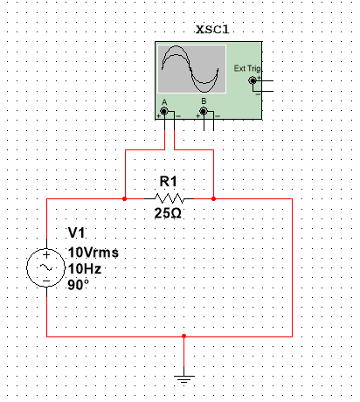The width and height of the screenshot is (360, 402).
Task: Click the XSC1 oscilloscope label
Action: (212, 30)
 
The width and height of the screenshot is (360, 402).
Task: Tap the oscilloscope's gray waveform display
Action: (191, 69)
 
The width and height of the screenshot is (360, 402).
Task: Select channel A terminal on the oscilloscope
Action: (164, 111)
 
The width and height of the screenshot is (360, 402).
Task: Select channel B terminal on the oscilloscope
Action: (204, 111)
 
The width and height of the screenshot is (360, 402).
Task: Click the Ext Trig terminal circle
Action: (253, 80)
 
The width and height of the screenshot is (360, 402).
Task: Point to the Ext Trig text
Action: (247, 68)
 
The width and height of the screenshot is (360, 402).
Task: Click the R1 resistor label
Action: (168, 182)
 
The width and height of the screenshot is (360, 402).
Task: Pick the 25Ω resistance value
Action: (168, 213)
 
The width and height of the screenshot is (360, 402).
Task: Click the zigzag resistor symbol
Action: (169, 198)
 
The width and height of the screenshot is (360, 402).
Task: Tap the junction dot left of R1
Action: (125, 199)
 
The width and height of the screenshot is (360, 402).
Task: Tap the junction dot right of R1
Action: (213, 199)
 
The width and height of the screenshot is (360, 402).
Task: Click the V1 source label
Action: (76, 232)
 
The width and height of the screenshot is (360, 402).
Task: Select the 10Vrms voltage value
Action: (93, 253)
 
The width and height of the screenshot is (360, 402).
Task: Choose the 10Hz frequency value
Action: (85, 268)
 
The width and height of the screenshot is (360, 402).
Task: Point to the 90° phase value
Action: (78, 285)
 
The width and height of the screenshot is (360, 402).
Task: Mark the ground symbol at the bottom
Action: (183, 378)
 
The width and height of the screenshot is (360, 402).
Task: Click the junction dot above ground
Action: (183, 336)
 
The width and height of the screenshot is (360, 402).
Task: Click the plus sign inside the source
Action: (46, 255)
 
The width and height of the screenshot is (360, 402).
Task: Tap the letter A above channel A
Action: (164, 102)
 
